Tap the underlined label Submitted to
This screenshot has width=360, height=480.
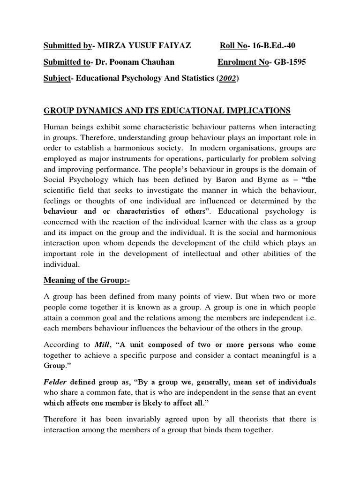(x=66, y=62)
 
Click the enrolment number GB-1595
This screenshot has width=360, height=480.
(x=288, y=62)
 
